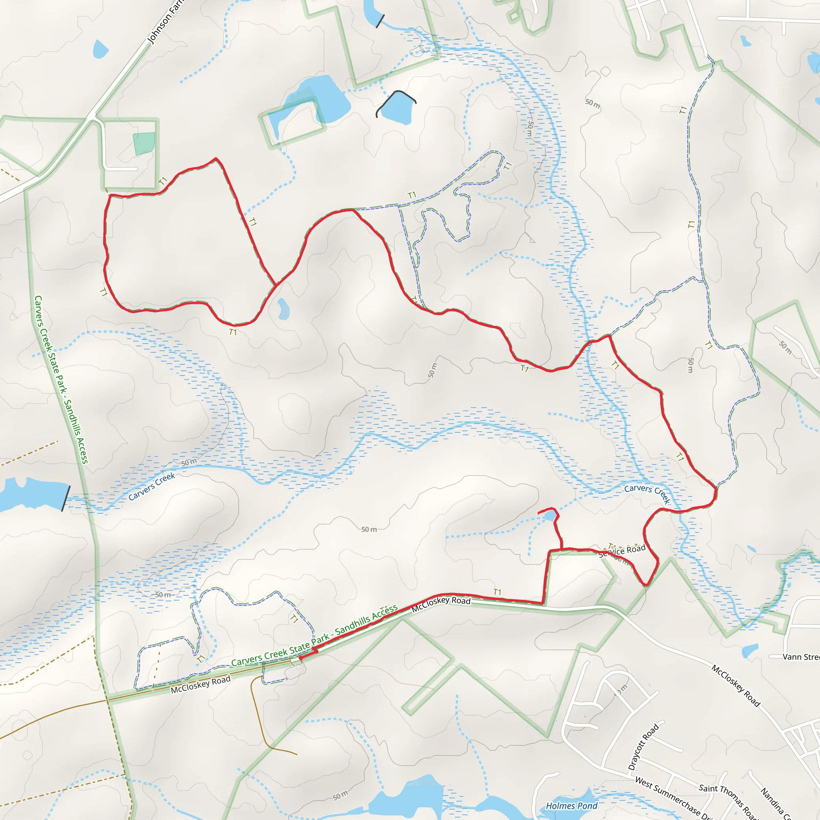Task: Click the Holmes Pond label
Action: point(571,806)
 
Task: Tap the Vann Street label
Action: point(800,657)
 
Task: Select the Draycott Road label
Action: point(643,747)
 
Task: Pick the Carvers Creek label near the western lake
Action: point(151,486)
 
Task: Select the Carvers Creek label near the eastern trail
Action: point(647,493)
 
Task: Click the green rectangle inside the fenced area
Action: point(144,143)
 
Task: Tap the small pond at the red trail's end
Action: point(550,516)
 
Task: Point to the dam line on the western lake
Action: point(66,498)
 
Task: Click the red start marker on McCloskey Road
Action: point(301,658)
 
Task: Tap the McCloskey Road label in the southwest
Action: point(200,684)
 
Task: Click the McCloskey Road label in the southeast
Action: point(736,685)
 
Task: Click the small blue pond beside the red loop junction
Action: point(283,309)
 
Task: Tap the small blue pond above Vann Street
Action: point(750,650)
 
